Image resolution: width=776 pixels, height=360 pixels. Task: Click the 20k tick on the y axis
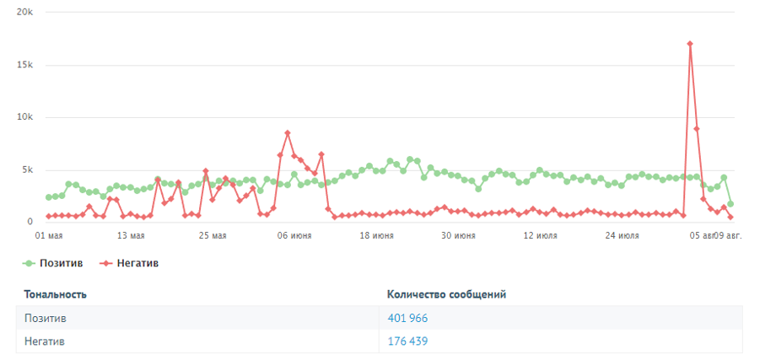(24, 13)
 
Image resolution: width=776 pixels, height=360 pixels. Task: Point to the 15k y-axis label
(24, 65)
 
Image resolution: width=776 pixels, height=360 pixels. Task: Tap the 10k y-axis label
(24, 117)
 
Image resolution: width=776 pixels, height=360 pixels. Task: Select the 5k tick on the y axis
(26, 169)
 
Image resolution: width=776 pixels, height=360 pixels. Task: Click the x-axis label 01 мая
(49, 236)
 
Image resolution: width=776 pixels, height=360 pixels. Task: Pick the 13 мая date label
(131, 236)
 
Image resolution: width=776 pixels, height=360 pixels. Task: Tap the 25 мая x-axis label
(212, 236)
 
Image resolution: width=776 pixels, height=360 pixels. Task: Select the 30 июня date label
(458, 236)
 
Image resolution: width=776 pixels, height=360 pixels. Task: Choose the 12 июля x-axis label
(540, 236)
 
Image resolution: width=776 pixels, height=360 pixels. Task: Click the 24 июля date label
(622, 236)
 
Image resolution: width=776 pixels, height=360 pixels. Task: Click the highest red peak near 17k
(690, 44)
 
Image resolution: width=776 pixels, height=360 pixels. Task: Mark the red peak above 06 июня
(288, 133)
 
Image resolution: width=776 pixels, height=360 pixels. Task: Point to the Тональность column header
(56, 294)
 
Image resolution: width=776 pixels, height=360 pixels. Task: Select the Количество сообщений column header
(446, 294)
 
